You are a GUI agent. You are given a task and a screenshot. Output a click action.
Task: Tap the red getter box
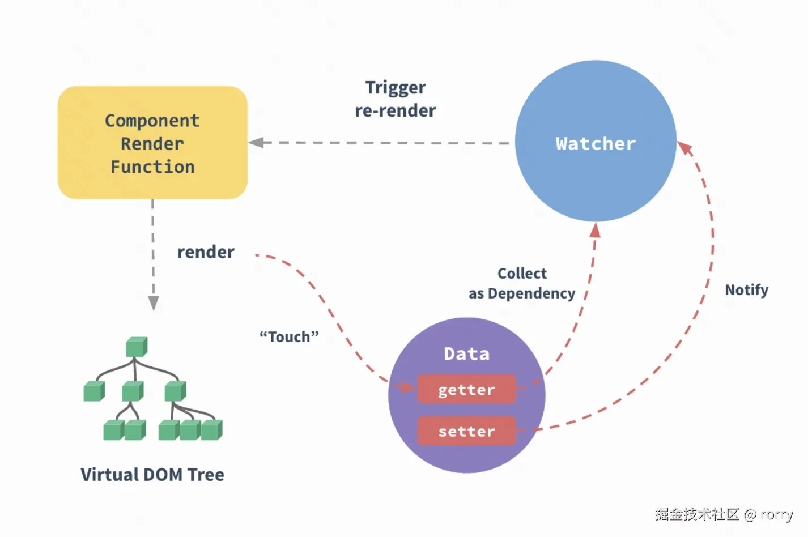point(466,390)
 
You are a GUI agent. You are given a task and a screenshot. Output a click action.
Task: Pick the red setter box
point(466,432)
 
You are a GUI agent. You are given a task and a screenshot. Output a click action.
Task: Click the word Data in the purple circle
point(466,354)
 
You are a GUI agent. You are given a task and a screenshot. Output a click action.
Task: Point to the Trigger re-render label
point(396,99)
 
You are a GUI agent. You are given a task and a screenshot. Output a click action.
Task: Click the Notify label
point(746,290)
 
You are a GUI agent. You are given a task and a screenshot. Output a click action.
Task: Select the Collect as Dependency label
point(522,283)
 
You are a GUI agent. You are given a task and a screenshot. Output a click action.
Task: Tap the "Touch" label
point(289,337)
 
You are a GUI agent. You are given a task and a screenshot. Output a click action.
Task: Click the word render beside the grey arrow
point(206,252)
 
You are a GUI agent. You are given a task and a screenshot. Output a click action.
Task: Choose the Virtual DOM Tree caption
point(152,475)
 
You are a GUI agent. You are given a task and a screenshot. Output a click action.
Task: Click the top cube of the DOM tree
point(137,347)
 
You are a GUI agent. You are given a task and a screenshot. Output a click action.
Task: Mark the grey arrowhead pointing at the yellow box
point(256,143)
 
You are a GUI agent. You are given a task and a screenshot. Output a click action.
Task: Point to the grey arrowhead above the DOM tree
point(153,303)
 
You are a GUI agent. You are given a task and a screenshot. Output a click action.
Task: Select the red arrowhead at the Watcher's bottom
point(595,230)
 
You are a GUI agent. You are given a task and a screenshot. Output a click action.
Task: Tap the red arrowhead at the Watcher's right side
point(684,148)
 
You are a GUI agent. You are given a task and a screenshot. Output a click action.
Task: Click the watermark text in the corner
point(724,514)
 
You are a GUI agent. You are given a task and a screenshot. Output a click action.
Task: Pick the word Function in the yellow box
point(152,167)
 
